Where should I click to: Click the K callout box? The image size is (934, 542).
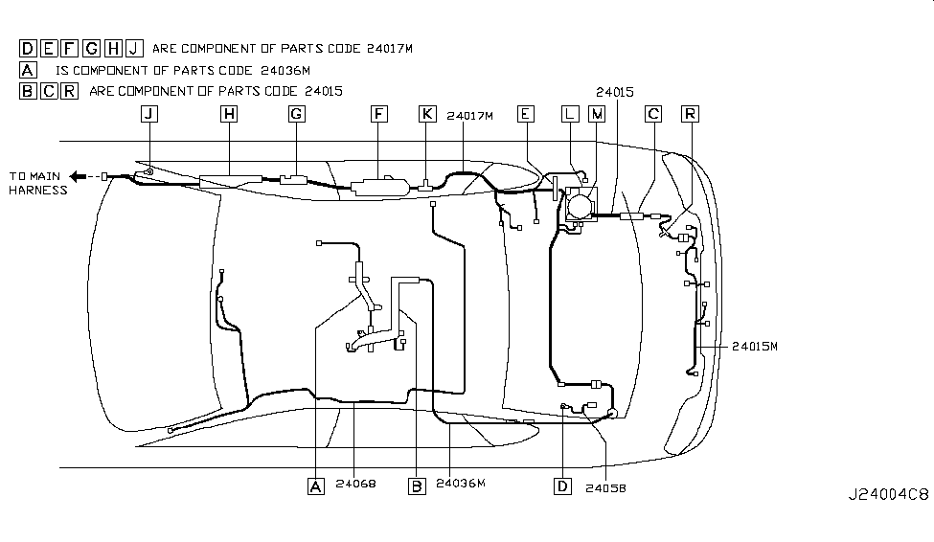[x=427, y=114]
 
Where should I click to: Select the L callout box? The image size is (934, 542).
[x=570, y=114]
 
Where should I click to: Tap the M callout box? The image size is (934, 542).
[x=597, y=114]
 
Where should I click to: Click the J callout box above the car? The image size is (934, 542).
[x=148, y=114]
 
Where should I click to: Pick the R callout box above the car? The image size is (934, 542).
[x=689, y=114]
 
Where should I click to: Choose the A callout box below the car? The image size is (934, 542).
[x=315, y=486]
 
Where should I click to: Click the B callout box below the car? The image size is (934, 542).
[x=417, y=486]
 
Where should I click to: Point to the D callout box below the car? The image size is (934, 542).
[x=562, y=486]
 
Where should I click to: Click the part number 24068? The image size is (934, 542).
[x=355, y=485]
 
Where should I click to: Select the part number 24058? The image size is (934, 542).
[x=605, y=486]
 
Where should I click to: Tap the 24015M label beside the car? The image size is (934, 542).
[x=755, y=347]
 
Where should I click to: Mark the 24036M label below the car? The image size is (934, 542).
[x=461, y=485]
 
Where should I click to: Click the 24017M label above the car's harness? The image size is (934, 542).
[x=469, y=116]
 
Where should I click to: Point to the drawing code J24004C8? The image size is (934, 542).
[x=887, y=495]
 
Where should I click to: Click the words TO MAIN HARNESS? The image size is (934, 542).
[x=38, y=183]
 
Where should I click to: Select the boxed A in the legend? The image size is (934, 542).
[x=28, y=69]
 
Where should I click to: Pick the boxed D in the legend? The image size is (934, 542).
[x=28, y=48]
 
